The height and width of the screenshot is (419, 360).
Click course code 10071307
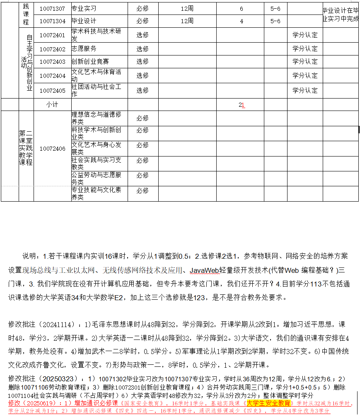[52, 8]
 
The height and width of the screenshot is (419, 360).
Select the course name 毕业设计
[84, 21]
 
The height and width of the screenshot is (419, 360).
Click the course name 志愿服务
[84, 48]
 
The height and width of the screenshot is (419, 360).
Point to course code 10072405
[52, 90]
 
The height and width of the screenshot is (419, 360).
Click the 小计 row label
[52, 105]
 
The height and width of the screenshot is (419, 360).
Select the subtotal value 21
[242, 105]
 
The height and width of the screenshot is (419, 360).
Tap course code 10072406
[52, 148]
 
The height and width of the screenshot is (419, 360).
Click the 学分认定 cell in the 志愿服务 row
[305, 49]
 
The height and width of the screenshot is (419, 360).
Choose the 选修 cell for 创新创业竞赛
[143, 61]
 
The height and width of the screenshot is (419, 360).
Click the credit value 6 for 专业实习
[242, 8]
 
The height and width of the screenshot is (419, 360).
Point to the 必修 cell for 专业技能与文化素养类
[143, 190]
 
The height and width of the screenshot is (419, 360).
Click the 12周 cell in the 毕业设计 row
[187, 21]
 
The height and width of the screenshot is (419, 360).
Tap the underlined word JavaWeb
[204, 270]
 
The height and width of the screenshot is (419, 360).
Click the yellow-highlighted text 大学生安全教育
[268, 402]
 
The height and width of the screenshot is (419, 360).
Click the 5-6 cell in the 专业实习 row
[275, 8]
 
